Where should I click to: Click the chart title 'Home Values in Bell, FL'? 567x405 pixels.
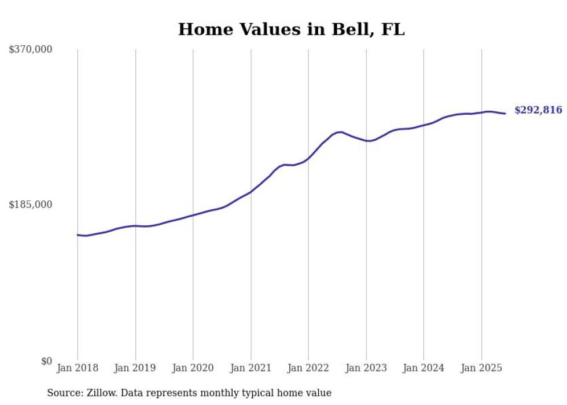tap(291, 30)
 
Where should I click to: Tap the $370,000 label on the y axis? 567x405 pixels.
tap(31, 50)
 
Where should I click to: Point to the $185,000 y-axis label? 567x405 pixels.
tap(31, 205)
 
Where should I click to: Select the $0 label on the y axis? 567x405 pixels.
tap(46, 361)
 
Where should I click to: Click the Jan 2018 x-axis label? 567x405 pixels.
tap(78, 368)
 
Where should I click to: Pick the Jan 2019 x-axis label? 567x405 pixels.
tap(135, 368)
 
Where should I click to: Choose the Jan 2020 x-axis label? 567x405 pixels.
tap(193, 368)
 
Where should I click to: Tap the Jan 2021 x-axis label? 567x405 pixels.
tap(251, 368)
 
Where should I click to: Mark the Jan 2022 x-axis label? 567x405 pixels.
tap(308, 368)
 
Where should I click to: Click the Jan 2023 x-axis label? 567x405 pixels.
tap(366, 368)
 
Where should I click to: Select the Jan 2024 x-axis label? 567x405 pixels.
tap(424, 368)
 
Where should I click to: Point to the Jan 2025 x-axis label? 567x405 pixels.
tap(481, 368)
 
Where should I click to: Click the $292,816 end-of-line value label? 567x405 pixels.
tap(538, 110)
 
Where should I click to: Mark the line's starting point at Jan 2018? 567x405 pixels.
tap(78, 235)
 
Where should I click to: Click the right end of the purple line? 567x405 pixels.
tap(505, 114)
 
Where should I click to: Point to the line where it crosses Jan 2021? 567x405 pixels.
tap(251, 192)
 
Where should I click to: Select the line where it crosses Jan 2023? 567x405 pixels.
tap(366, 141)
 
